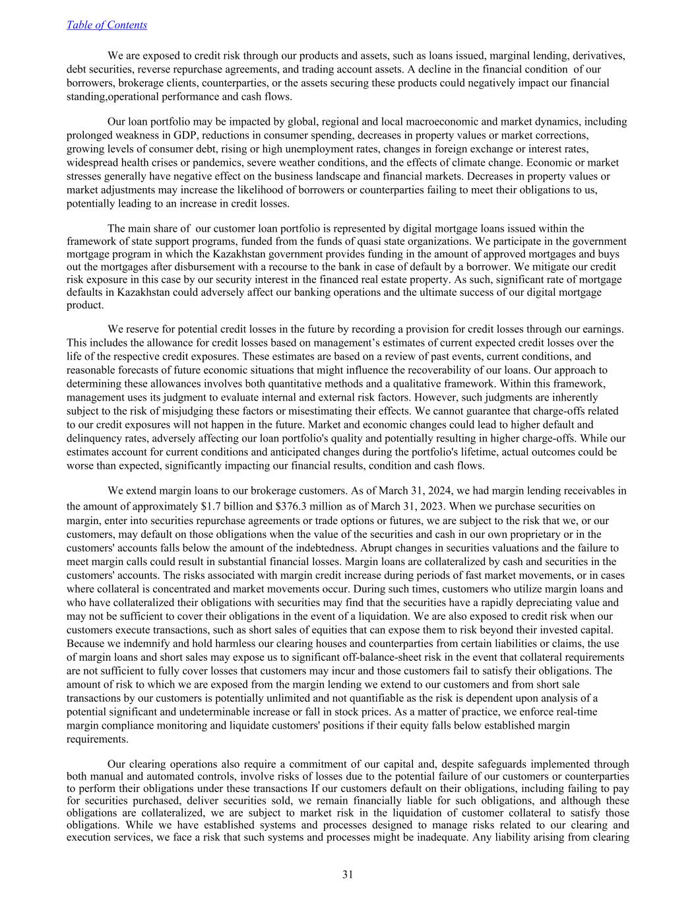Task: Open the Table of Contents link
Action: tap(107, 25)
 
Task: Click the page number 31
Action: tap(348, 875)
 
